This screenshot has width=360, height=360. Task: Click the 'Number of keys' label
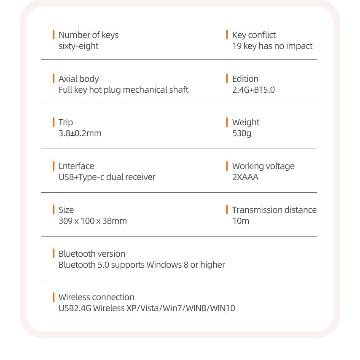(x=89, y=35)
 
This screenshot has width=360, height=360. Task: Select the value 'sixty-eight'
(x=78, y=46)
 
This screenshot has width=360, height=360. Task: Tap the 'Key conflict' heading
(x=254, y=35)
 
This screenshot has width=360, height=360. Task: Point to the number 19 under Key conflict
(x=237, y=46)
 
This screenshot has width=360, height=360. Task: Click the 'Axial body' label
(x=79, y=79)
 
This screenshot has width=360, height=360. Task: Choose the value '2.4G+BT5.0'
(x=253, y=90)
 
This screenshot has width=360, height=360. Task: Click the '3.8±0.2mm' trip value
(x=80, y=133)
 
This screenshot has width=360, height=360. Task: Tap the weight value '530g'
(x=242, y=133)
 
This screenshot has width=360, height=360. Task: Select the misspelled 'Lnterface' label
(x=76, y=166)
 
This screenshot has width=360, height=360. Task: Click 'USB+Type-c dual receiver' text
(x=107, y=177)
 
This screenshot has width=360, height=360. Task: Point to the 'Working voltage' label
(x=263, y=166)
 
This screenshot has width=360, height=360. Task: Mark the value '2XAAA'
(x=245, y=177)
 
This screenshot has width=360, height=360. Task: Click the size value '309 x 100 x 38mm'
(x=93, y=221)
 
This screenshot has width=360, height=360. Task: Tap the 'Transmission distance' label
(x=274, y=210)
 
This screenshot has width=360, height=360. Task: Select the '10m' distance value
(x=241, y=221)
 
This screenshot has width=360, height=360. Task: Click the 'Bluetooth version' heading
(x=92, y=254)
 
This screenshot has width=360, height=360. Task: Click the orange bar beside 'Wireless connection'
(x=54, y=297)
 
